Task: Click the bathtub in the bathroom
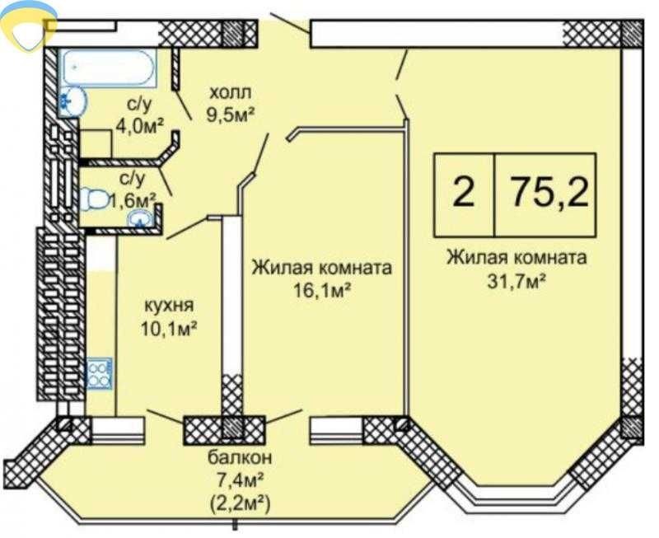coord(108,68)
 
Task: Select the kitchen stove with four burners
coord(99,374)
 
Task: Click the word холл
coord(231,93)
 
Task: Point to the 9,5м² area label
coord(231,114)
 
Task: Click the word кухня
coord(169,306)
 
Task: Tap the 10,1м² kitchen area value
coord(170,328)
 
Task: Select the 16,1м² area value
coord(322,290)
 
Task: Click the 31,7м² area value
coord(516,280)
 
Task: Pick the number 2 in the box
coord(464,193)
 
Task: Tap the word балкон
coord(240,458)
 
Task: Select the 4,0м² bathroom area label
coord(140,125)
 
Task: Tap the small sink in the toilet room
coord(141,219)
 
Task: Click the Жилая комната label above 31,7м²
coord(516,257)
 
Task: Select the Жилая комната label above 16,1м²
coord(321,268)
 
